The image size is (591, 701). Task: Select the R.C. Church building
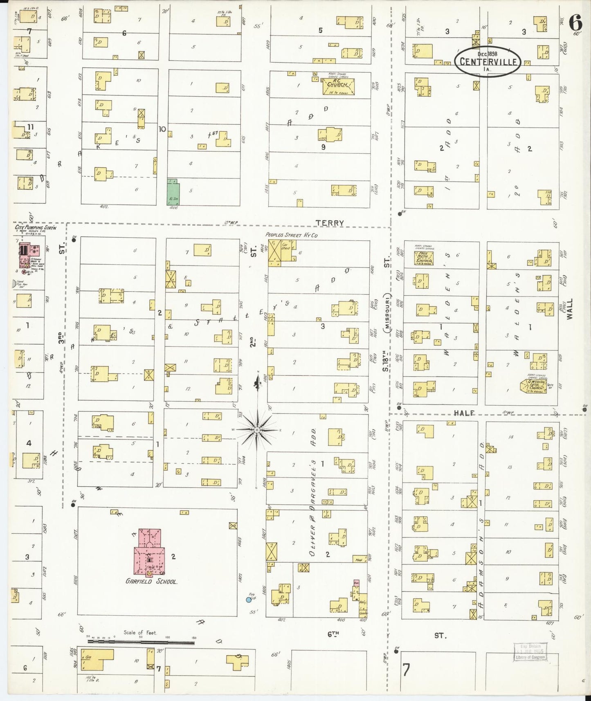click(x=338, y=87)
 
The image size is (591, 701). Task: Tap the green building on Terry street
click(x=173, y=191)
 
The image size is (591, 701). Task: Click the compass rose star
click(x=256, y=429)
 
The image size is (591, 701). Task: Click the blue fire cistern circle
click(x=249, y=600)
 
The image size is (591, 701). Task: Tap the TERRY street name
click(x=330, y=223)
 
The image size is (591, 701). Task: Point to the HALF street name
click(x=464, y=413)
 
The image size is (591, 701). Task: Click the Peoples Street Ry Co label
click(x=291, y=235)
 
